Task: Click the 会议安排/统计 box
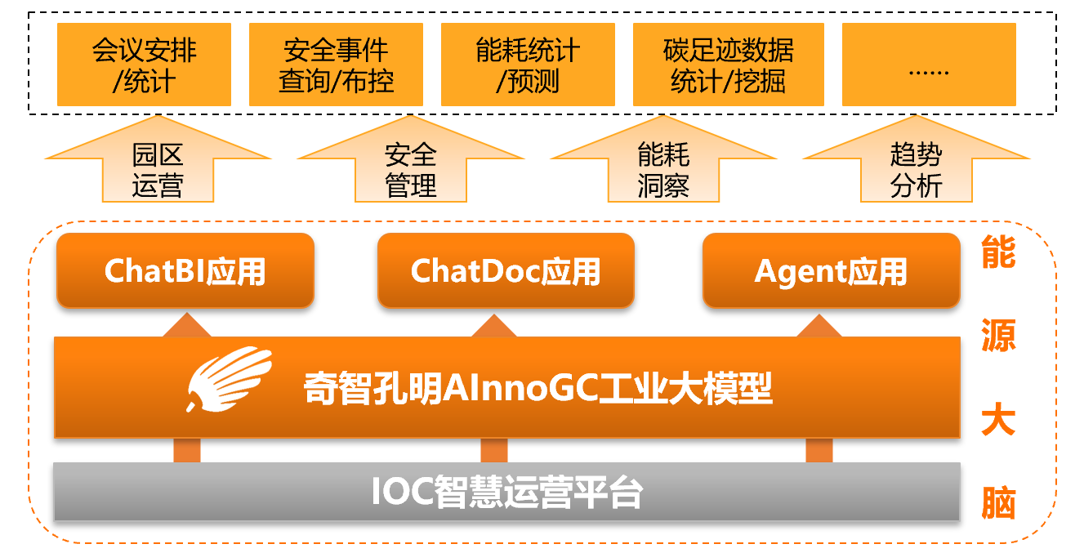tap(144, 65)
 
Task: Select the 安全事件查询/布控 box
tap(336, 65)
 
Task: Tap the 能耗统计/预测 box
tap(528, 65)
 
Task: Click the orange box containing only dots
tap(929, 65)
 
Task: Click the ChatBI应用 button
tap(185, 271)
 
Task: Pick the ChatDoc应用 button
tap(506, 271)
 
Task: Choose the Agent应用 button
tap(831, 271)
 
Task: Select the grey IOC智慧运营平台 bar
tap(506, 492)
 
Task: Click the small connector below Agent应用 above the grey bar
tap(819, 450)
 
